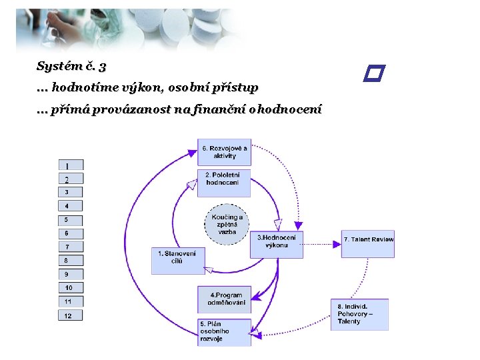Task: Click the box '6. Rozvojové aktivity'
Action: click(x=225, y=152)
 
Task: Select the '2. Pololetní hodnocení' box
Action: click(x=224, y=182)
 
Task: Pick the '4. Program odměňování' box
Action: click(x=224, y=299)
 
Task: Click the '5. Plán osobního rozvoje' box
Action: click(x=224, y=331)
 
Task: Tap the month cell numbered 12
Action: click(x=69, y=315)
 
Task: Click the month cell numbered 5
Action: click(x=69, y=220)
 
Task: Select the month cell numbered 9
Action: click(x=69, y=274)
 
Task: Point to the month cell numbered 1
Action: click(x=69, y=165)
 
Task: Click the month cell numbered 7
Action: click(x=69, y=247)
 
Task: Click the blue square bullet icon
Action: click(x=375, y=73)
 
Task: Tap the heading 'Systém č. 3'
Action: click(x=71, y=66)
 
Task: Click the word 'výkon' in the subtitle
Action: click(x=150, y=87)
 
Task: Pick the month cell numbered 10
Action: click(x=69, y=288)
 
